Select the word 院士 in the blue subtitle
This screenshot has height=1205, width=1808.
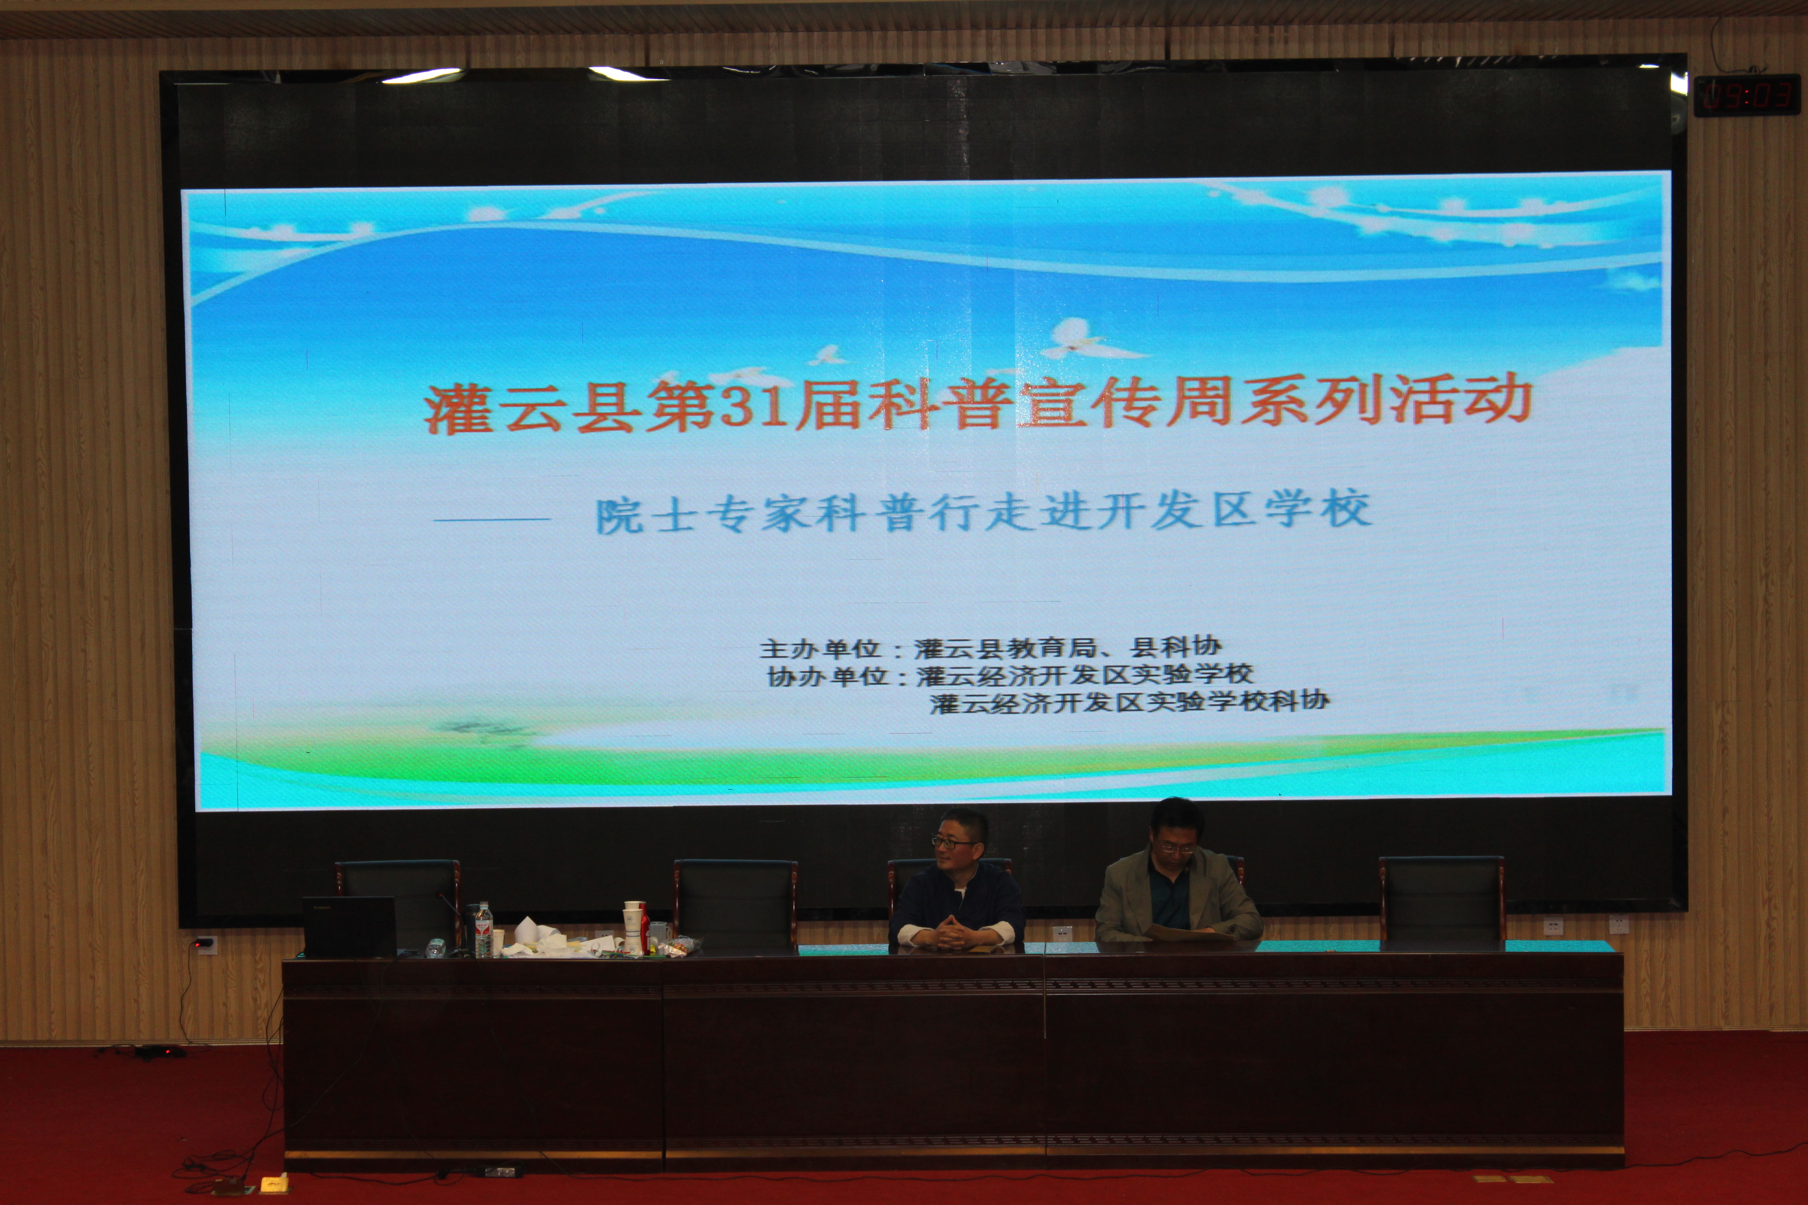646,515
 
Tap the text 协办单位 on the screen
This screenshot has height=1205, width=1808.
826,676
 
